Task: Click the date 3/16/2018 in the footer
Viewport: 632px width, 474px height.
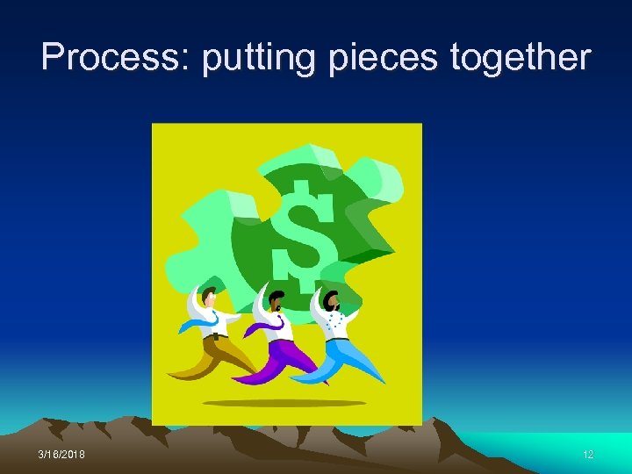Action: [x=63, y=455]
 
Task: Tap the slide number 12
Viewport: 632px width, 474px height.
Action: [x=588, y=455]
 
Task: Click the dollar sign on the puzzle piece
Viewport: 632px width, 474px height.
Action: [x=303, y=233]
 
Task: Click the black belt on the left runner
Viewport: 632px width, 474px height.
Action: [x=215, y=336]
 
